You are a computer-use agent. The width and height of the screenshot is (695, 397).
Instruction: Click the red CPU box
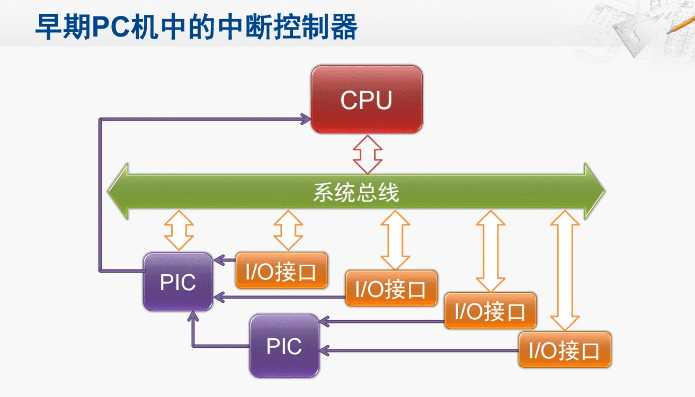click(x=367, y=100)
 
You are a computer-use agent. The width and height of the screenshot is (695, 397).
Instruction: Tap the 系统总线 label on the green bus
click(x=355, y=192)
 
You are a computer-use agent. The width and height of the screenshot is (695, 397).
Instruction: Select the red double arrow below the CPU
click(x=368, y=154)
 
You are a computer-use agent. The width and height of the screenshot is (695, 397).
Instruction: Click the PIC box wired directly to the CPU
click(x=178, y=282)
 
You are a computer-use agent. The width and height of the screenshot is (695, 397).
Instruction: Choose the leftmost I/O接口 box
click(x=281, y=271)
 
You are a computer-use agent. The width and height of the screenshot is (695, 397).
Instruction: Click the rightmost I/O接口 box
click(x=565, y=350)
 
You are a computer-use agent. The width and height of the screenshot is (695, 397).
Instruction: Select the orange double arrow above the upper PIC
click(x=179, y=230)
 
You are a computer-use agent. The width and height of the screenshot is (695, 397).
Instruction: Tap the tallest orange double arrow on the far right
click(x=565, y=270)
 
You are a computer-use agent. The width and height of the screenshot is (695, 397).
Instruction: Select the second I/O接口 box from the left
click(x=391, y=288)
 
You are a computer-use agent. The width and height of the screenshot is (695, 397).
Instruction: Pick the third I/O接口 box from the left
click(x=490, y=311)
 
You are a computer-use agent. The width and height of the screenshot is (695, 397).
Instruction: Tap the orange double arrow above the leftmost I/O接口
click(x=288, y=230)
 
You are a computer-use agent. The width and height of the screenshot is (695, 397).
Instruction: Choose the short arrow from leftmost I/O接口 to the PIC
click(x=225, y=259)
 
